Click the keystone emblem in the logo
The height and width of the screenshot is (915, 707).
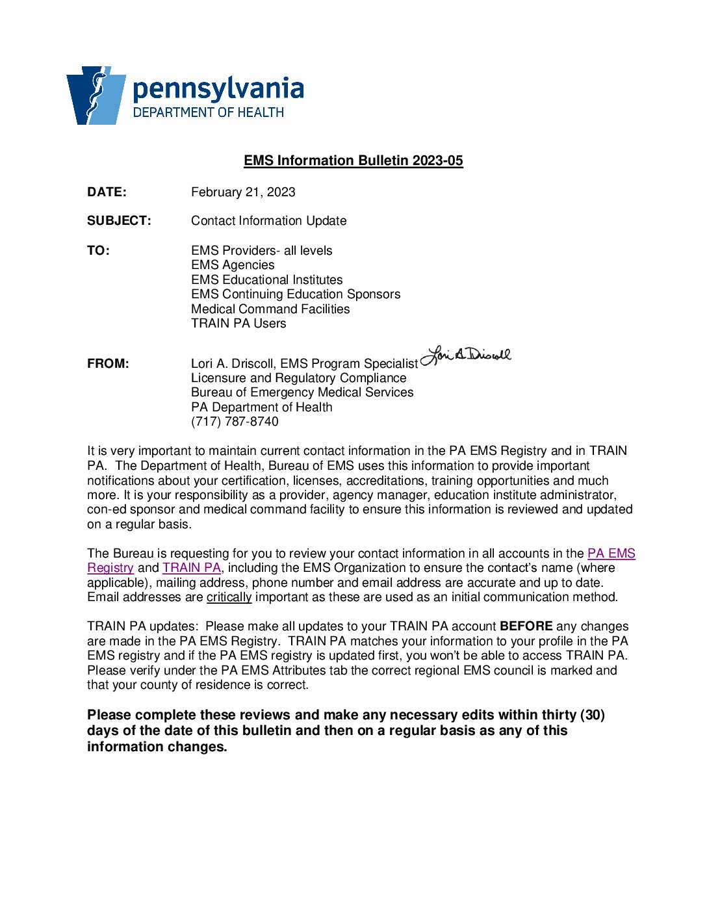tap(96, 95)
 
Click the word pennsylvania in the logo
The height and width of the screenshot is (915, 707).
tap(218, 88)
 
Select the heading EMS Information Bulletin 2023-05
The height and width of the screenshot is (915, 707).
tap(353, 161)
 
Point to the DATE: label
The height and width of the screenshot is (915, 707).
tap(107, 192)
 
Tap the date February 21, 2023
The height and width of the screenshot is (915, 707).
tap(243, 192)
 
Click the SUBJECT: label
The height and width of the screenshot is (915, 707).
tap(119, 221)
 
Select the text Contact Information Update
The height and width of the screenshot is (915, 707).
tap(268, 221)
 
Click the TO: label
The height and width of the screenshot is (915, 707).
tap(98, 251)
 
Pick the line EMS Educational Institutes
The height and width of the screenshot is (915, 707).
tap(266, 280)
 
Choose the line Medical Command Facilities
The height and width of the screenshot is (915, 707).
tap(270, 309)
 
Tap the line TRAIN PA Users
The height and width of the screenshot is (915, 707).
tap(238, 324)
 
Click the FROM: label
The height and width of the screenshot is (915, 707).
tap(108, 364)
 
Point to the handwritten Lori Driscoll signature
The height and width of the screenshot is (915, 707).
tap(466, 355)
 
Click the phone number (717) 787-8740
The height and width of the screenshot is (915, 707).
tap(235, 422)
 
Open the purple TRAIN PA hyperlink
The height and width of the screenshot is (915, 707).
tap(192, 568)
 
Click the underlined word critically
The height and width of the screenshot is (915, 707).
tap(229, 597)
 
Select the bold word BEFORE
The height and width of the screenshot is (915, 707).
tap(526, 626)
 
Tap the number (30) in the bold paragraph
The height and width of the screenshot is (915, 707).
tap(592, 715)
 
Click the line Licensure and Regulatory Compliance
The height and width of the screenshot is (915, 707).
tap(298, 378)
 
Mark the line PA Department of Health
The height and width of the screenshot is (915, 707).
tap(261, 407)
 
